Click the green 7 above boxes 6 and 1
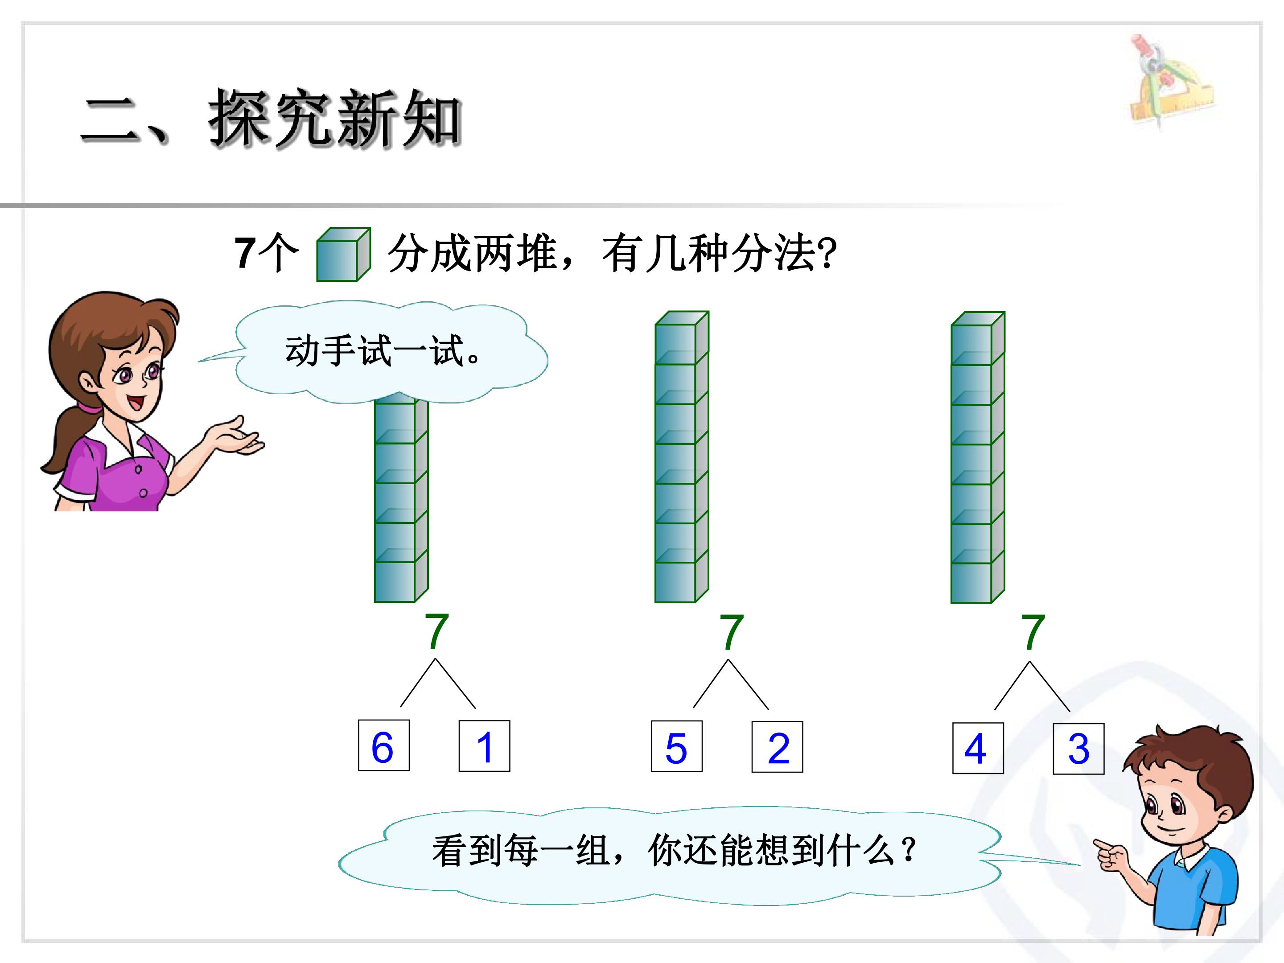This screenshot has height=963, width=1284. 437,632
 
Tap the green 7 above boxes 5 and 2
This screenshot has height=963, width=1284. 732,632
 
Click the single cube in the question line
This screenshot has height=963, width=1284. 343,254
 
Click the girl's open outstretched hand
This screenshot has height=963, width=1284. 238,436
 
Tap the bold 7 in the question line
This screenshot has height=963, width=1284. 245,254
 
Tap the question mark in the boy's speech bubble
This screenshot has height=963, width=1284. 909,849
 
